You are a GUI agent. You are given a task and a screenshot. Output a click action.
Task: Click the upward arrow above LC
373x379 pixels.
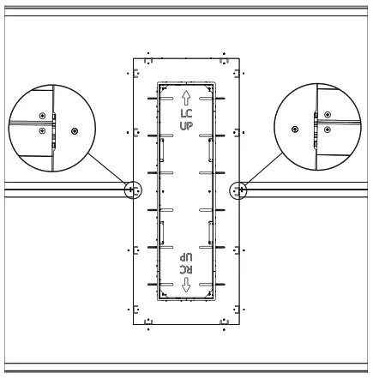coord(186,98)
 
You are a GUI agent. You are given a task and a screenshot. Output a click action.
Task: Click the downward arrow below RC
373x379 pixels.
coord(186,285)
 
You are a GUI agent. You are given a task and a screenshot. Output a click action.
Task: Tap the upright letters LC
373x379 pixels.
coord(186,113)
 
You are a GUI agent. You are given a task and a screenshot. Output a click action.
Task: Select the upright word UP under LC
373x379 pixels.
coord(186,126)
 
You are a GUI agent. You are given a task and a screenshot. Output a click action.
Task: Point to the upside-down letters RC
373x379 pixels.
coord(186,269)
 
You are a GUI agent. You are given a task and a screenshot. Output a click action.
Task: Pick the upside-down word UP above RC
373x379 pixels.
coord(186,257)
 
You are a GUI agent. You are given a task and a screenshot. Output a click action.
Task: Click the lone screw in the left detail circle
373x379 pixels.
coord(75,131)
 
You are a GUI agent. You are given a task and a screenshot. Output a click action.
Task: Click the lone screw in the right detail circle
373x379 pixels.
coord(295,129)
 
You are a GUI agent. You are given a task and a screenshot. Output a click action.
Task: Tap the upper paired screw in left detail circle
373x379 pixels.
coord(42,116)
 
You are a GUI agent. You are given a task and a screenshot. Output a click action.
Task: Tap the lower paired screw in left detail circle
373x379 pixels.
coord(42,131)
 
